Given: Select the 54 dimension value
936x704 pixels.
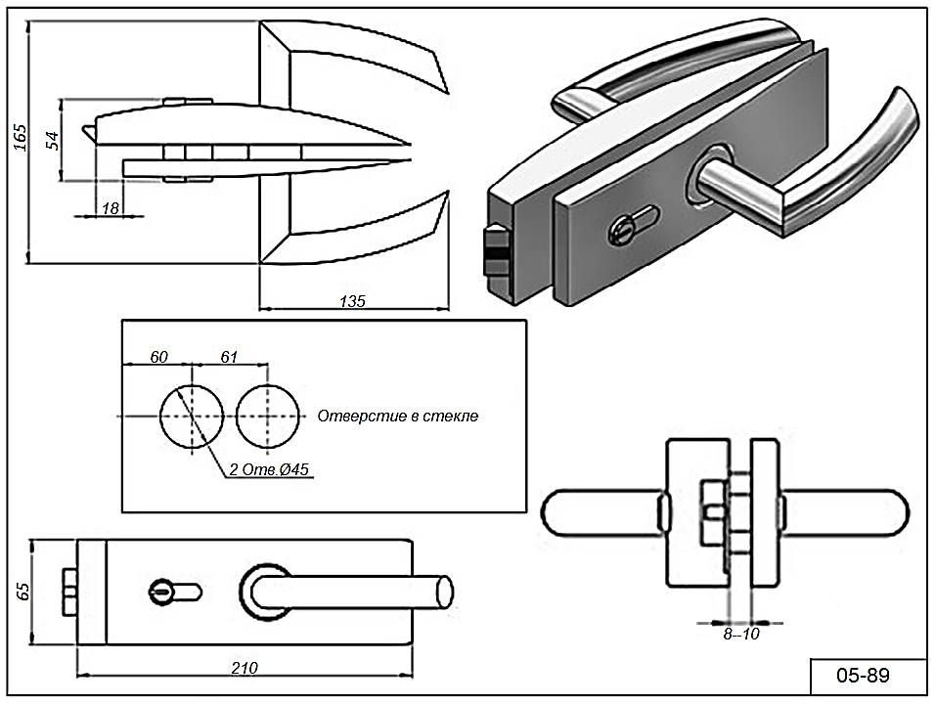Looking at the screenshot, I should click(x=54, y=139).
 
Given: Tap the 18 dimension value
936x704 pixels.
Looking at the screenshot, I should click(x=111, y=207).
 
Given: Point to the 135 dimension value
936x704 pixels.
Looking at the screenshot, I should click(x=353, y=301).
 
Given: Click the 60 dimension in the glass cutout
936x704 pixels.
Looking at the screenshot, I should click(x=158, y=358).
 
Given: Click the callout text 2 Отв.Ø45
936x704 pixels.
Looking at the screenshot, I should click(x=270, y=469).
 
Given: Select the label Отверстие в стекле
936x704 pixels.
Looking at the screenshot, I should click(x=397, y=417).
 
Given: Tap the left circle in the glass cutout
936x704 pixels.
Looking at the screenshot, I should click(x=193, y=417).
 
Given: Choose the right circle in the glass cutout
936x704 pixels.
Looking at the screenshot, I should click(x=267, y=417).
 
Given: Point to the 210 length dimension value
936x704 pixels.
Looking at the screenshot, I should click(x=245, y=668).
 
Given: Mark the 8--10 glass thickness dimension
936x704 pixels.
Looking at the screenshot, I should click(x=740, y=634).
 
